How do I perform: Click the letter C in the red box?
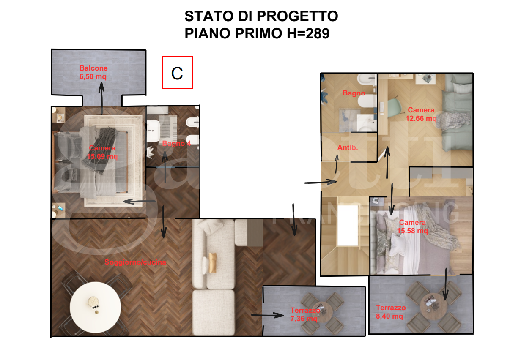[x=177, y=73]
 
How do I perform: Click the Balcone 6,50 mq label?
[x=93, y=73]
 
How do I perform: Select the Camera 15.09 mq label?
[x=102, y=152]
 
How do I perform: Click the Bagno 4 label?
[x=176, y=144]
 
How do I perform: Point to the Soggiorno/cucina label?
[x=135, y=262]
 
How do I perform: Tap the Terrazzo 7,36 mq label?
[x=304, y=315]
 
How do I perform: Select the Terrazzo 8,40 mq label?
[x=391, y=312]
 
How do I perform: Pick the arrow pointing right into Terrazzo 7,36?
[x=267, y=315]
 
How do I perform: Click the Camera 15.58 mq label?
[x=412, y=227]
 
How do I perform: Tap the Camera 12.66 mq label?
[x=421, y=115]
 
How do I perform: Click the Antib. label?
[x=348, y=148]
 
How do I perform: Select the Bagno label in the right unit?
[x=354, y=93]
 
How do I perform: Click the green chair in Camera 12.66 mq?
[x=394, y=106]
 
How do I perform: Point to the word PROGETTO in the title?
[x=297, y=16]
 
